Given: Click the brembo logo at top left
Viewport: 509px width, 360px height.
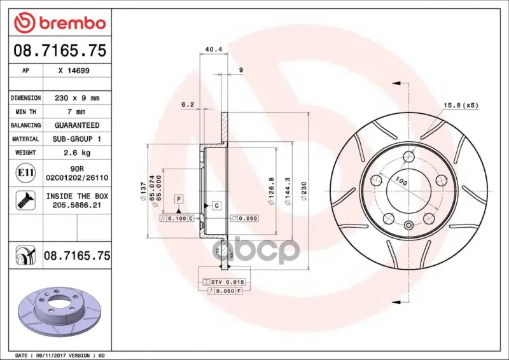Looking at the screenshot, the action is tap(60, 23).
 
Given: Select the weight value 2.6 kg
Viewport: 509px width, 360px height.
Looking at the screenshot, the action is tap(77, 153).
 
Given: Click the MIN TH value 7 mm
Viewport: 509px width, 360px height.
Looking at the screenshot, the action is tap(76, 112).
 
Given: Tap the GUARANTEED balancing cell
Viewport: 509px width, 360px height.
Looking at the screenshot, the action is tap(77, 125).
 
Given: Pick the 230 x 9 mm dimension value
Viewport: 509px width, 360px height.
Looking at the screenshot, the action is tap(77, 98).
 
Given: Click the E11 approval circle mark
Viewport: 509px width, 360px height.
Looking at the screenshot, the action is tap(25, 173).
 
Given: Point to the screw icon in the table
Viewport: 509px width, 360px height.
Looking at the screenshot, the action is tap(25, 200).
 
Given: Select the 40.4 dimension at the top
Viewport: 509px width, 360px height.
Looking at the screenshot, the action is tap(214, 50).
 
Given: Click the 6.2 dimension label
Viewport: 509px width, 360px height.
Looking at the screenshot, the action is tap(188, 104).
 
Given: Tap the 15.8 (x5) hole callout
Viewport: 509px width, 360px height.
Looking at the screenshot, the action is tap(461, 105).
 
